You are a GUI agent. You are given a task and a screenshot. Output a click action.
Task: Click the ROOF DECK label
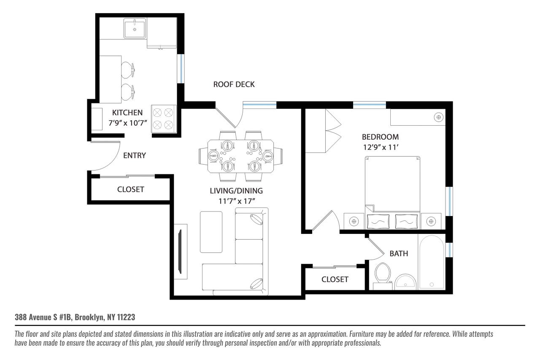pos(234,84)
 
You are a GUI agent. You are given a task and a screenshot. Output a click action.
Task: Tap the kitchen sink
pos(135,29)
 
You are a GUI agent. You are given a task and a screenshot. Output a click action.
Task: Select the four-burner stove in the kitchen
pos(163,119)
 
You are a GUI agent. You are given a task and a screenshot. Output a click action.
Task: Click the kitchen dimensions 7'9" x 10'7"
pos(127,125)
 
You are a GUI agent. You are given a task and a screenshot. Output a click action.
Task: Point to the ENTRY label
pos(134,156)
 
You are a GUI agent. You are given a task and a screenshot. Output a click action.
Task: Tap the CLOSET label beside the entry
pos(130,189)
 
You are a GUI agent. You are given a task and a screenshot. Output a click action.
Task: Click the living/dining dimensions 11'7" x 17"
pos(236,201)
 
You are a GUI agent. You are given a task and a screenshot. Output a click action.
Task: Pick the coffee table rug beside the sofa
pos(211,232)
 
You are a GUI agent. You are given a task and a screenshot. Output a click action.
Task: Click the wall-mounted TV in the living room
pos(181,252)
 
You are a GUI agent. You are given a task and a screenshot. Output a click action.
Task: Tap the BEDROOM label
pos(380,137)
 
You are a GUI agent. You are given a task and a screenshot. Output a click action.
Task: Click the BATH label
pos(398,254)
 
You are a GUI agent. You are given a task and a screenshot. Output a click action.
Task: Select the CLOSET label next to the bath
pos(335,279)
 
